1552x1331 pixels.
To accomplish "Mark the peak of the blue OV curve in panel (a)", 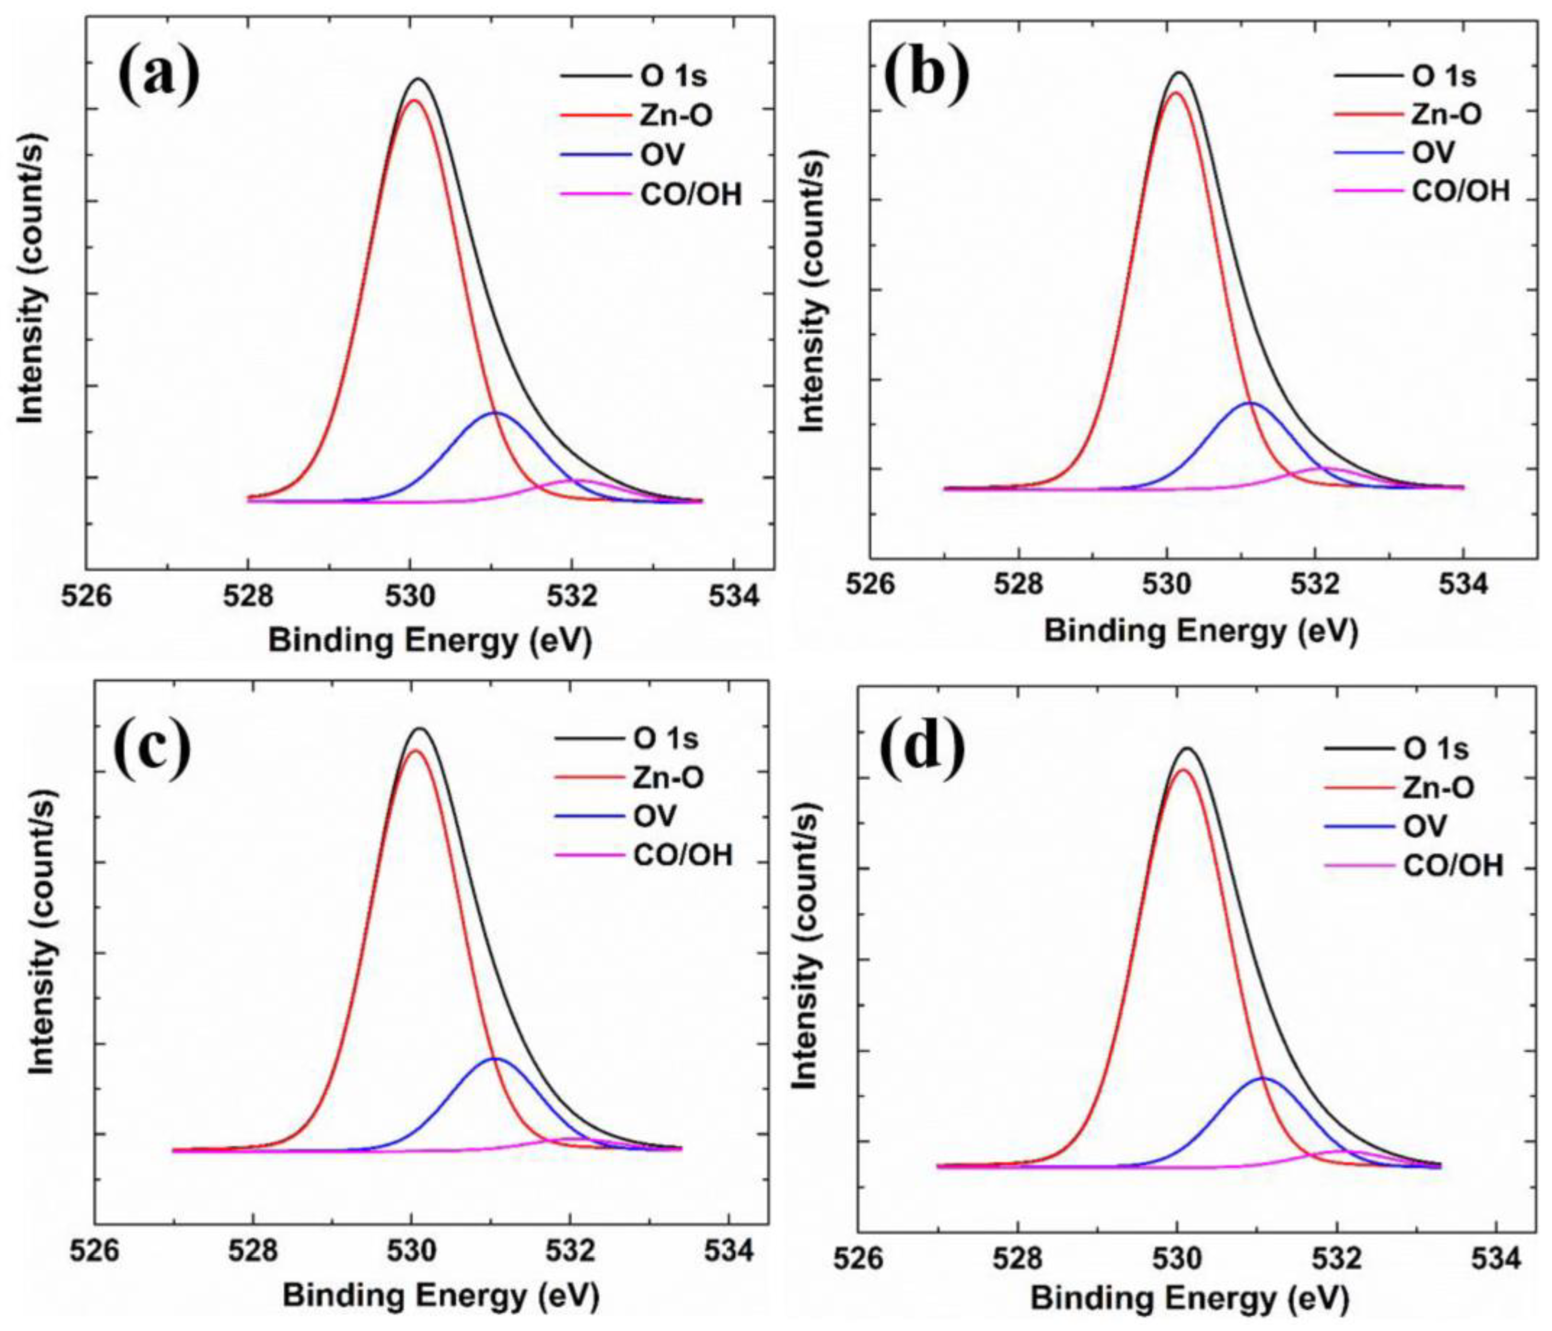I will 496,413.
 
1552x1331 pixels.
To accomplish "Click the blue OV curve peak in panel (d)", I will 1263,1079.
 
